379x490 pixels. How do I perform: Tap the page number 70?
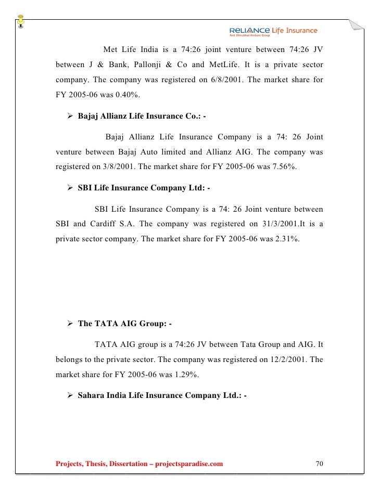(x=320, y=463)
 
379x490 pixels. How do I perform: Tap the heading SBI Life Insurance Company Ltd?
(x=143, y=188)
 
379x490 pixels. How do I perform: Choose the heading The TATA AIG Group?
(x=124, y=323)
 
